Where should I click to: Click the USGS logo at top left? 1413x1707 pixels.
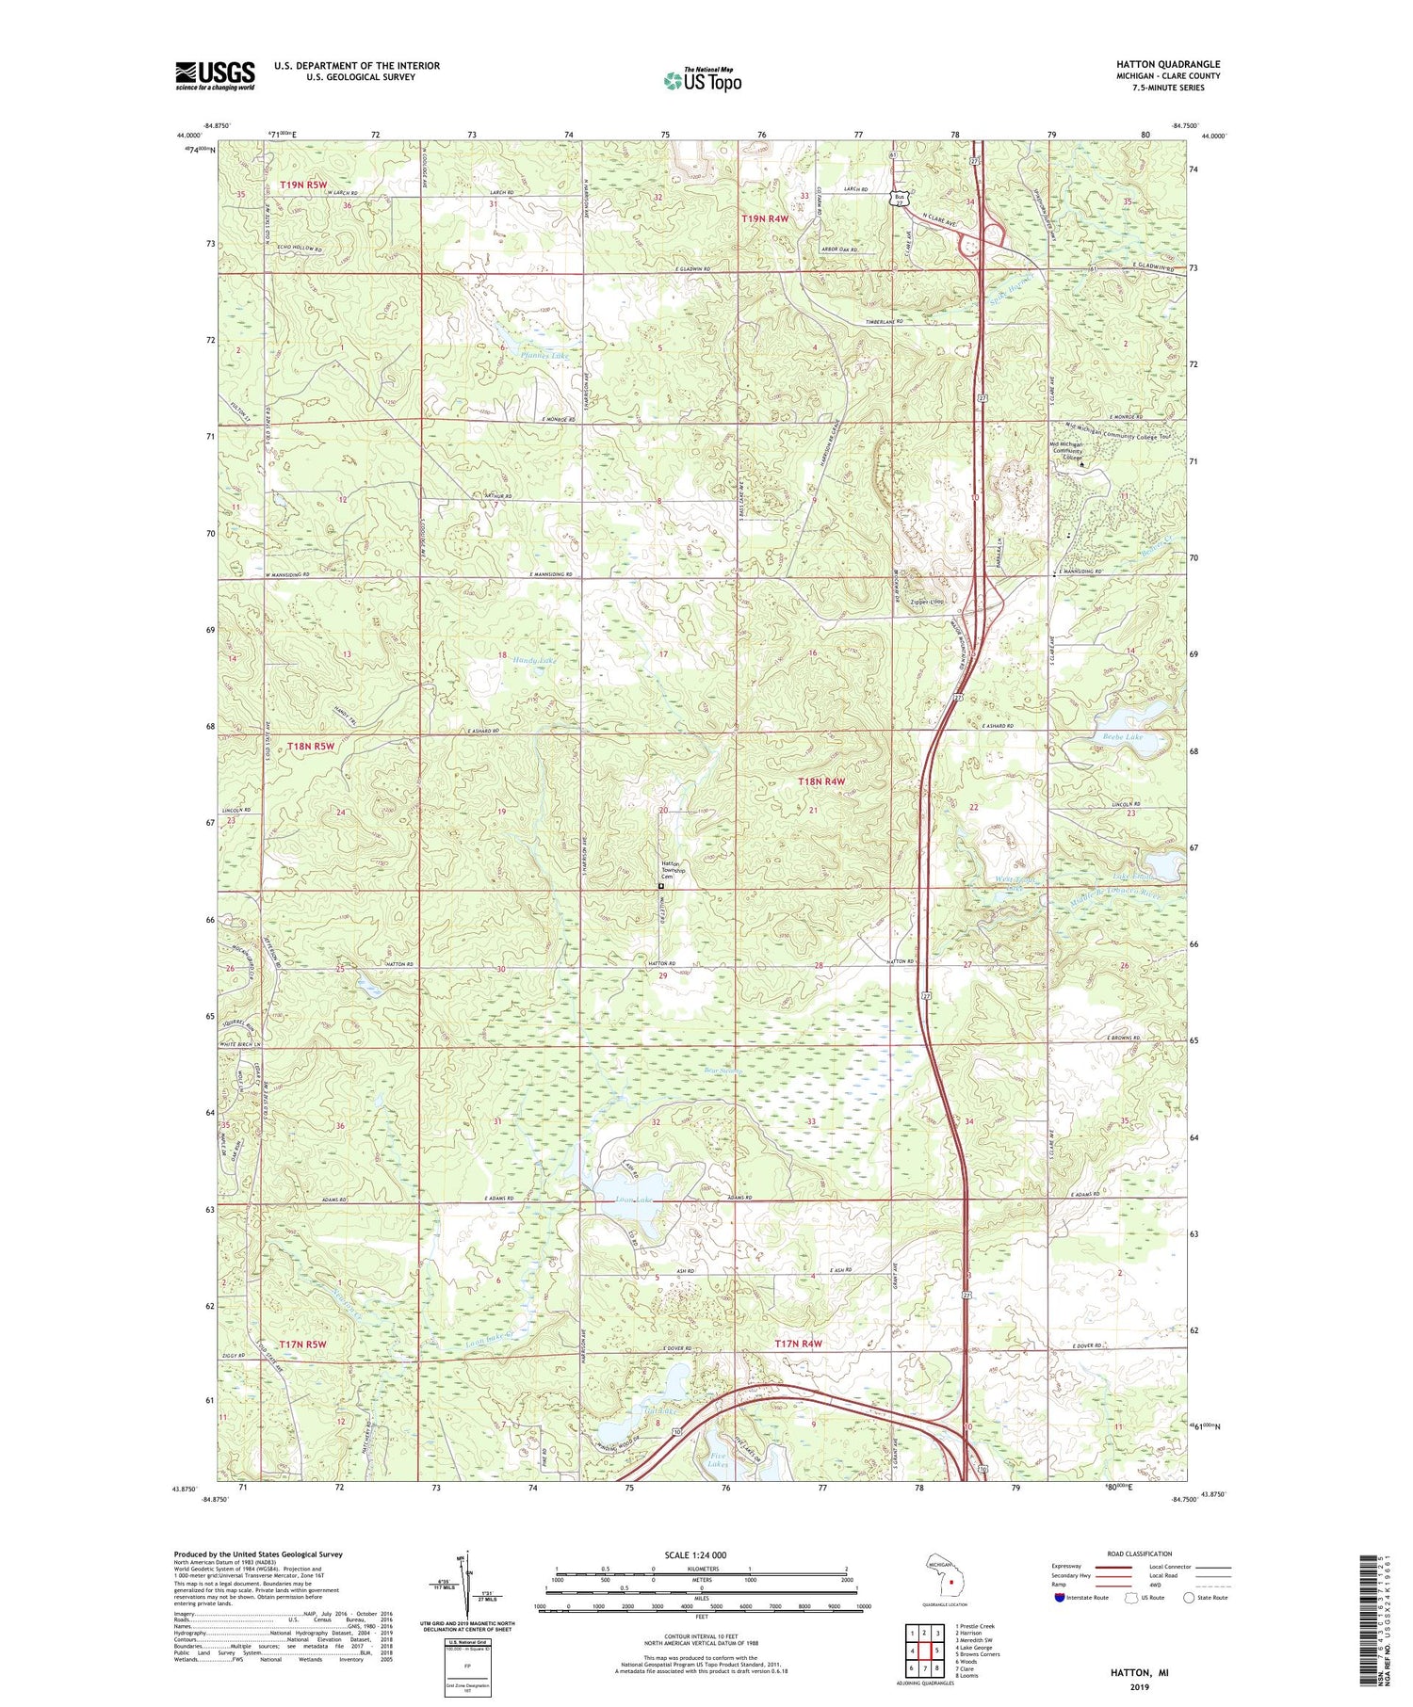[215, 75]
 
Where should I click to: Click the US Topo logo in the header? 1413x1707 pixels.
[702, 80]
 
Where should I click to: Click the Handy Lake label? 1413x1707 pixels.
[535, 661]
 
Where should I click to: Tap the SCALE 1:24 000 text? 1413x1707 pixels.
[701, 1554]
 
